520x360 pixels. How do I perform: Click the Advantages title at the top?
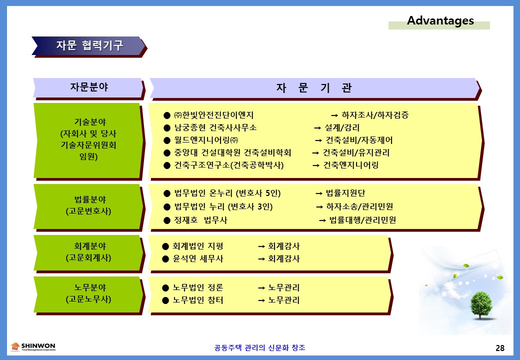pyautogui.click(x=440, y=21)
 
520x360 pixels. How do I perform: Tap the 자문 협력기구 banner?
pyautogui.click(x=89, y=46)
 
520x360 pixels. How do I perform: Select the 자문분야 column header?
pyautogui.click(x=89, y=88)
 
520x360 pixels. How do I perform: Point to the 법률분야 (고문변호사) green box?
pyautogui.click(x=88, y=206)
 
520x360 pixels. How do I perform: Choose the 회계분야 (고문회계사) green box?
pyautogui.click(x=88, y=253)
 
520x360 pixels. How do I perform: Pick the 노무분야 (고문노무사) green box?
pyautogui.click(x=88, y=294)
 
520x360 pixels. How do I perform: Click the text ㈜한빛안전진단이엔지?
pyautogui.click(x=214, y=115)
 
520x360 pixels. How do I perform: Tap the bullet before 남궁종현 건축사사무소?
pyautogui.click(x=167, y=128)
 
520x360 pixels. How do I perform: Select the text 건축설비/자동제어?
pyautogui.click(x=359, y=140)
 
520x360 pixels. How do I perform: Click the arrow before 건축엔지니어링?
pyautogui.click(x=316, y=165)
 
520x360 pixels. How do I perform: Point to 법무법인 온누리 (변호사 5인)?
pyautogui.click(x=227, y=193)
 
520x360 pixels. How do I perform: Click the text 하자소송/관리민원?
pyautogui.click(x=359, y=207)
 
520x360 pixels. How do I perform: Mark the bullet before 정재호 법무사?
pyautogui.click(x=167, y=220)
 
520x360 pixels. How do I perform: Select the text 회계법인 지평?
pyautogui.click(x=198, y=246)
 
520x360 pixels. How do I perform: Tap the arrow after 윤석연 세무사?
pyautogui.click(x=261, y=259)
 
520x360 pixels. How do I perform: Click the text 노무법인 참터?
pyautogui.click(x=198, y=300)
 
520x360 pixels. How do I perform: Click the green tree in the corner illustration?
pyautogui.click(x=480, y=305)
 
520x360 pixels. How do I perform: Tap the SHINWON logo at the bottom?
pyautogui.click(x=33, y=346)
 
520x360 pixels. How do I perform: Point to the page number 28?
pyautogui.click(x=500, y=348)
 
